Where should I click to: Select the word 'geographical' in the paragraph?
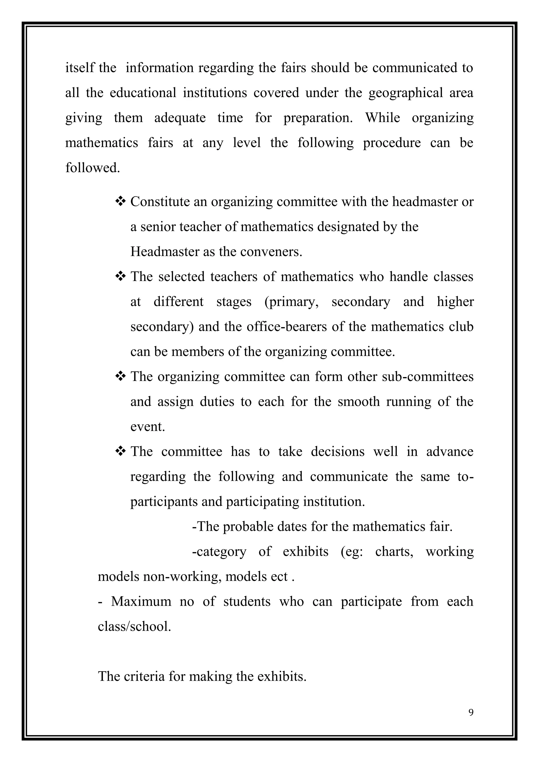[406, 93]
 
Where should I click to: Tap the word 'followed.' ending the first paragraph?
[92, 168]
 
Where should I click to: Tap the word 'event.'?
[147, 427]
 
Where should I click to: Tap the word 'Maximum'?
[141, 601]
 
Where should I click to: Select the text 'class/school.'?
[134, 626]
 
